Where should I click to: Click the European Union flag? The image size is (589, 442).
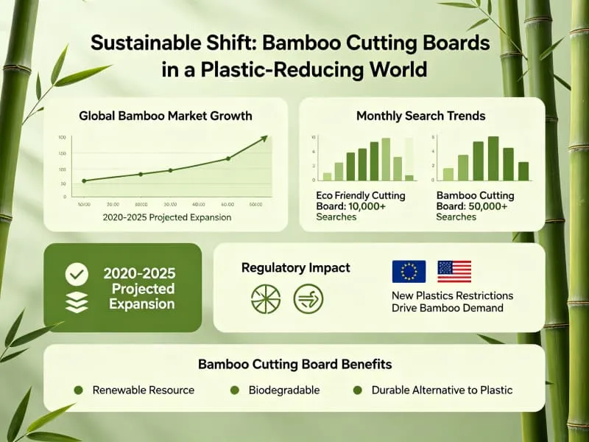coord(409,271)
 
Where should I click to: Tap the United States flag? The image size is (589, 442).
coord(454,271)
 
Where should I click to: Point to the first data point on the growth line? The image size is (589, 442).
coord(83,180)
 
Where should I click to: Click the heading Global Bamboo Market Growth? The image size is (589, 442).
coord(165,116)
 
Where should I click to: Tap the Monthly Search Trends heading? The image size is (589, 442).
coord(420,116)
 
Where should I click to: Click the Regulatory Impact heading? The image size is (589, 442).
coord(296,267)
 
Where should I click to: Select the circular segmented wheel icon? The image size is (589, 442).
coord(265,298)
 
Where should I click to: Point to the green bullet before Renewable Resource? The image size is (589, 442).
coord(78,389)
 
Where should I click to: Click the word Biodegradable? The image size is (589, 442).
coord(284,389)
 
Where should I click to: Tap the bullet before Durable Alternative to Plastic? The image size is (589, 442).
coord(358,389)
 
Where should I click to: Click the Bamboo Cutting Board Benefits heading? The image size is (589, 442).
coord(294,364)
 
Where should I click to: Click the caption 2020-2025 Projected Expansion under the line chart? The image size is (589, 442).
coord(168,217)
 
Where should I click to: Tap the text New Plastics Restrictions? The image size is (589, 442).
coord(452,295)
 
